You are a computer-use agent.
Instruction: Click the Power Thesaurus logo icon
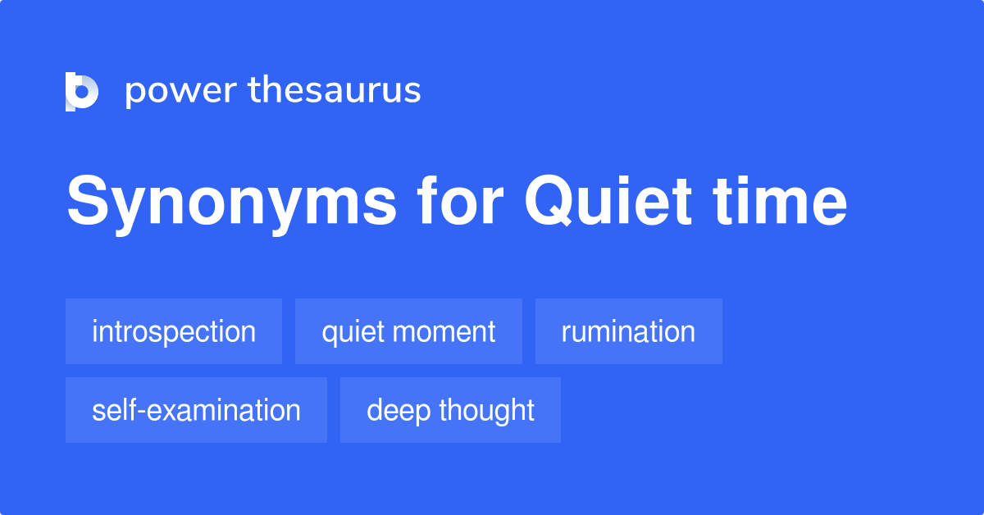pyautogui.click(x=82, y=91)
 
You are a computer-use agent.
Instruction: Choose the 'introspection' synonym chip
pyautogui.click(x=174, y=331)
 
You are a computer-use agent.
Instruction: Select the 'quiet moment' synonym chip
pyautogui.click(x=408, y=331)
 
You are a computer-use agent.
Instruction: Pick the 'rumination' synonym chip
pyautogui.click(x=628, y=331)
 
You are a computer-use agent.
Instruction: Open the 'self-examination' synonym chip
pyautogui.click(x=196, y=410)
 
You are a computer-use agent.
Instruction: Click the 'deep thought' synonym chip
pyautogui.click(x=450, y=410)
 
